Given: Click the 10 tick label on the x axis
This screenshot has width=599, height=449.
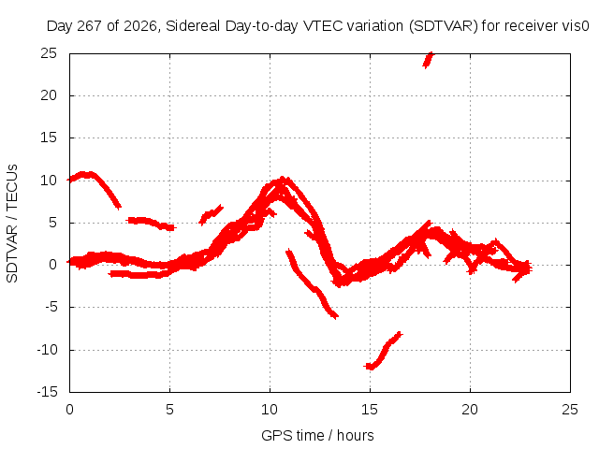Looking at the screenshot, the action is (270, 410).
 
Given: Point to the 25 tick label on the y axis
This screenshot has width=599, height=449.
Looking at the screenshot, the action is (49, 53).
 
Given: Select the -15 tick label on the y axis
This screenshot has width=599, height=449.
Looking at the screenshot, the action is (47, 392).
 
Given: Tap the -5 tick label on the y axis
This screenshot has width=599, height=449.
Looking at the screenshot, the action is (51, 307).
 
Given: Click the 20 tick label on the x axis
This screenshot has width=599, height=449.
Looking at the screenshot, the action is (470, 410).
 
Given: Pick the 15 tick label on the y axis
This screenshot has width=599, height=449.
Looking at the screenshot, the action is (49, 138).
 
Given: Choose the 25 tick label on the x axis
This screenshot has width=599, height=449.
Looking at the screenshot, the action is (570, 410).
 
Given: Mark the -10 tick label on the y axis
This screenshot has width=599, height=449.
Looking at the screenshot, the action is (47, 349).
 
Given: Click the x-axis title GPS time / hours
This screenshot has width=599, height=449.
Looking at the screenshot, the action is (317, 435).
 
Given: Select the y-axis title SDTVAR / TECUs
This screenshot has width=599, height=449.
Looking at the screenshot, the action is (12, 224).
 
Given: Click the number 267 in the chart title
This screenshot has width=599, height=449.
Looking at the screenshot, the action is (90, 26).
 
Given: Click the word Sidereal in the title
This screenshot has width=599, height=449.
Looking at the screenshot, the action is (193, 26).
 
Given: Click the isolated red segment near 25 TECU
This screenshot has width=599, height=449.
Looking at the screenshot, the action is (428, 60).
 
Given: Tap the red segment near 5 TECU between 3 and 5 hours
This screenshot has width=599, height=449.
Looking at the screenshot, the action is (151, 223).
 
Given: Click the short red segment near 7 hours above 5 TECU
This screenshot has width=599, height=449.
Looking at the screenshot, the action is (211, 214).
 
